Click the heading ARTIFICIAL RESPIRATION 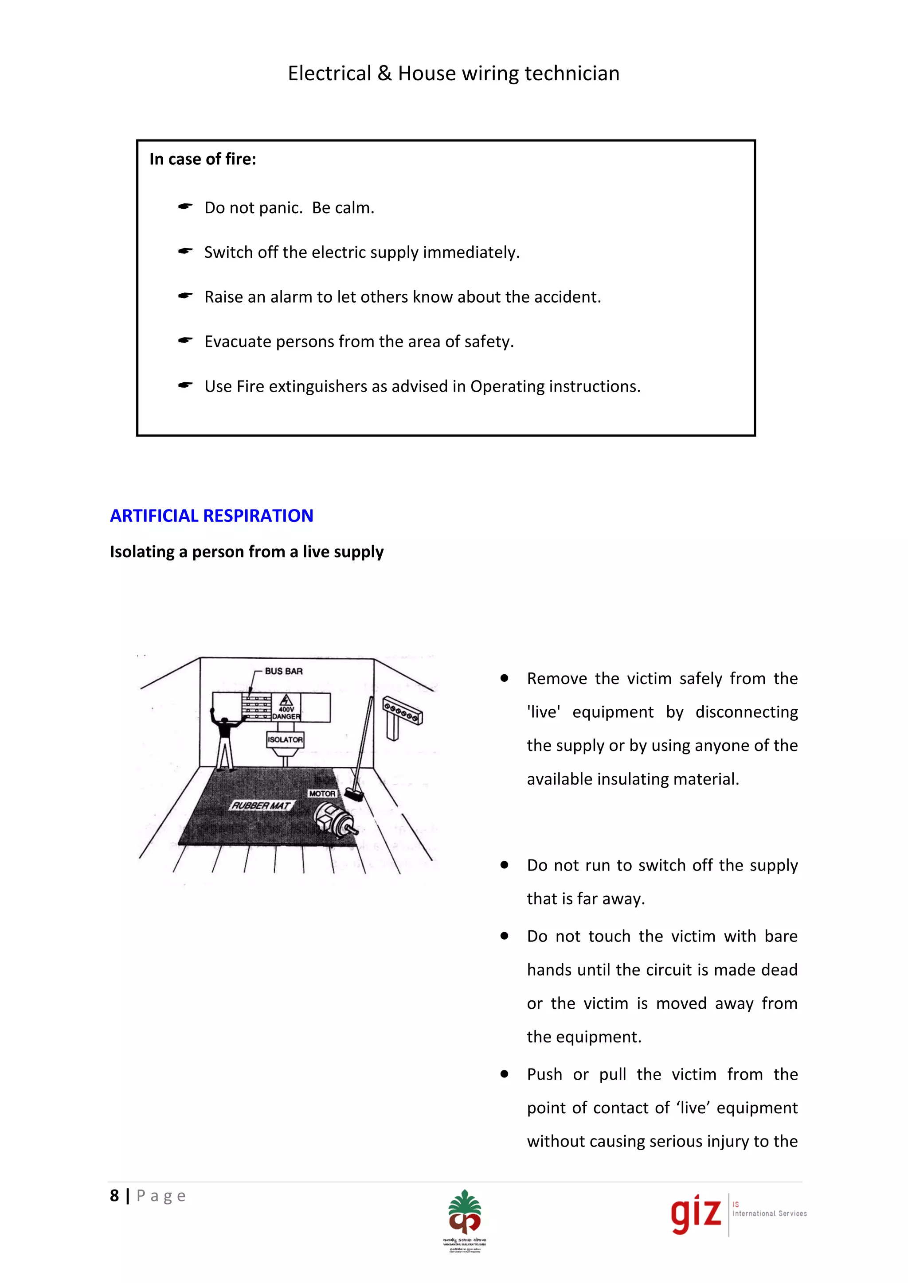[x=211, y=515]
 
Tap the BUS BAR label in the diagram [x=283, y=671]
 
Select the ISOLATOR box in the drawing [x=285, y=739]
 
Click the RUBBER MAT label [x=261, y=805]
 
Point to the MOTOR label [x=322, y=793]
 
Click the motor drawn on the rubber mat [x=334, y=820]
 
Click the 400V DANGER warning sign [x=286, y=708]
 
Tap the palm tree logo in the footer [x=464, y=1212]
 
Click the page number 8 [x=115, y=1196]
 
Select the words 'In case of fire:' [x=203, y=159]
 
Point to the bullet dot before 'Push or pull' [x=504, y=1073]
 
